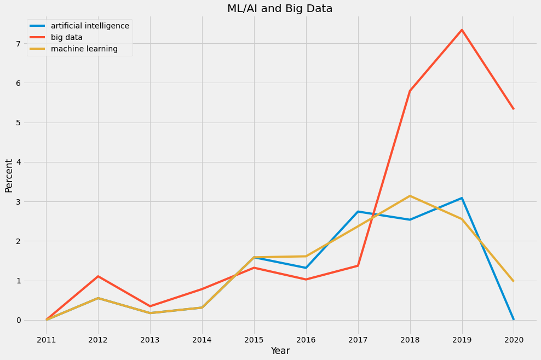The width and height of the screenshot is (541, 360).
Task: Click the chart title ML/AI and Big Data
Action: click(280, 8)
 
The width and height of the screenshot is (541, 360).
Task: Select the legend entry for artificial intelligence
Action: click(90, 26)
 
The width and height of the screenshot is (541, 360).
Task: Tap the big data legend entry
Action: click(74, 37)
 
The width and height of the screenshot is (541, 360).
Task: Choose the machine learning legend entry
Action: click(84, 49)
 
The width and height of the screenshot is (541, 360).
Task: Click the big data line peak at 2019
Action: click(462, 30)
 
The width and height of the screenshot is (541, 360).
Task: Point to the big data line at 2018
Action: click(410, 91)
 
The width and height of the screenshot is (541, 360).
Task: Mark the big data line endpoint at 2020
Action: click(514, 109)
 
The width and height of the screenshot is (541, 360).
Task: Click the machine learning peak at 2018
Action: click(410, 196)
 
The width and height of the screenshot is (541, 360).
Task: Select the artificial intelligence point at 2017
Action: click(358, 212)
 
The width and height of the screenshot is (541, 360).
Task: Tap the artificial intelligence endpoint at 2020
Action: click(514, 319)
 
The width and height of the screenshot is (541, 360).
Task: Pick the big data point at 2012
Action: click(98, 276)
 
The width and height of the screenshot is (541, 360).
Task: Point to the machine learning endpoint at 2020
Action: click(514, 281)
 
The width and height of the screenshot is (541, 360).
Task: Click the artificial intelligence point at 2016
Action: click(306, 268)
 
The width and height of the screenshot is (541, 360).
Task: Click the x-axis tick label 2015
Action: click(254, 339)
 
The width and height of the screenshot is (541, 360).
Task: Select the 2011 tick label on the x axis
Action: click(47, 339)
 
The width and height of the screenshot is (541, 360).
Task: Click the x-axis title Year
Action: click(280, 351)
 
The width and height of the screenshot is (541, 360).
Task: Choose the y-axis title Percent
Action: click(9, 176)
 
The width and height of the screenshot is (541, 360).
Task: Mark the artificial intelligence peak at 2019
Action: click(462, 198)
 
